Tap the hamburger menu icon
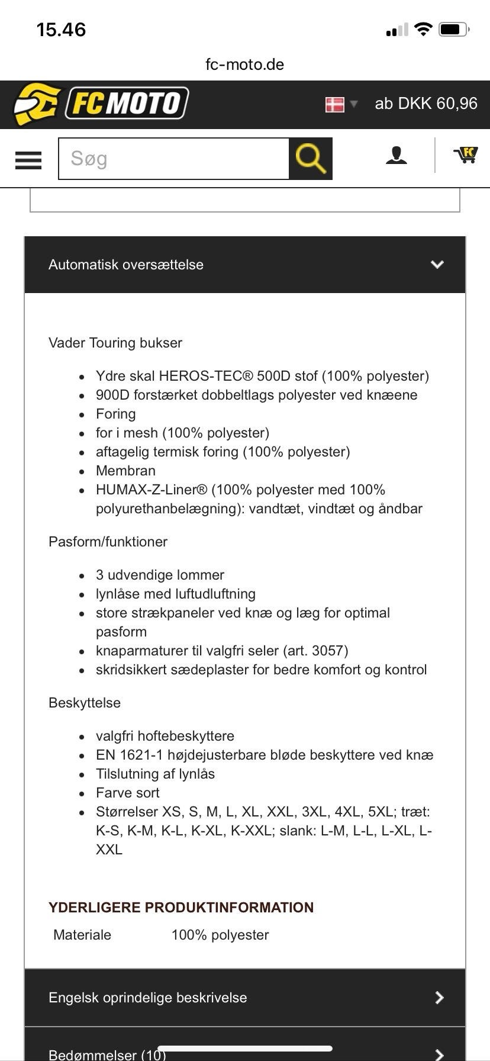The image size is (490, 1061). pos(28,160)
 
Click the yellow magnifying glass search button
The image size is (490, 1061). pos(311,159)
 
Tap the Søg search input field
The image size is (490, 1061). pos(173,159)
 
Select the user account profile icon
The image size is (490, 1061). pos(396,156)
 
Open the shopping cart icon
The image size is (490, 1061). pos(466,155)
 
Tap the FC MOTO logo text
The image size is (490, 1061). pos(126,104)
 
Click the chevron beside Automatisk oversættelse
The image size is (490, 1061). pos(437,265)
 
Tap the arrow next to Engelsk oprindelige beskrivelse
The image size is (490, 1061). pos(439,998)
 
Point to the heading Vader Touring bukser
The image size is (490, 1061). pos(115,343)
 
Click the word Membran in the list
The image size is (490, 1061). pos(125,471)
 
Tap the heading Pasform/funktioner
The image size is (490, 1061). pos(108,542)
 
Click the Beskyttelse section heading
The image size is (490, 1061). pos(85,703)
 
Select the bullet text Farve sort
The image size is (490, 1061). pos(127,793)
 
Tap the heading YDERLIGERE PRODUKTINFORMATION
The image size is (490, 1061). pos(181,908)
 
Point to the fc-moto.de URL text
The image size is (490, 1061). pos(244,65)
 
